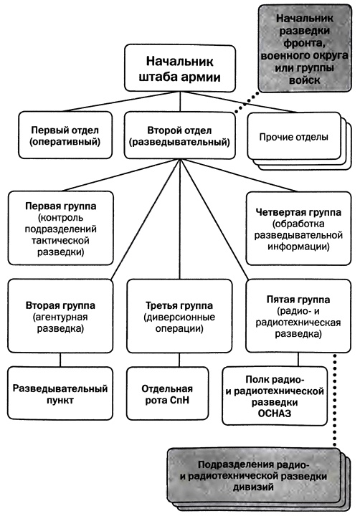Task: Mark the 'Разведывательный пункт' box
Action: [x=59, y=394]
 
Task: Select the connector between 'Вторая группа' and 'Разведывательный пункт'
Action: [x=59, y=358]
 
